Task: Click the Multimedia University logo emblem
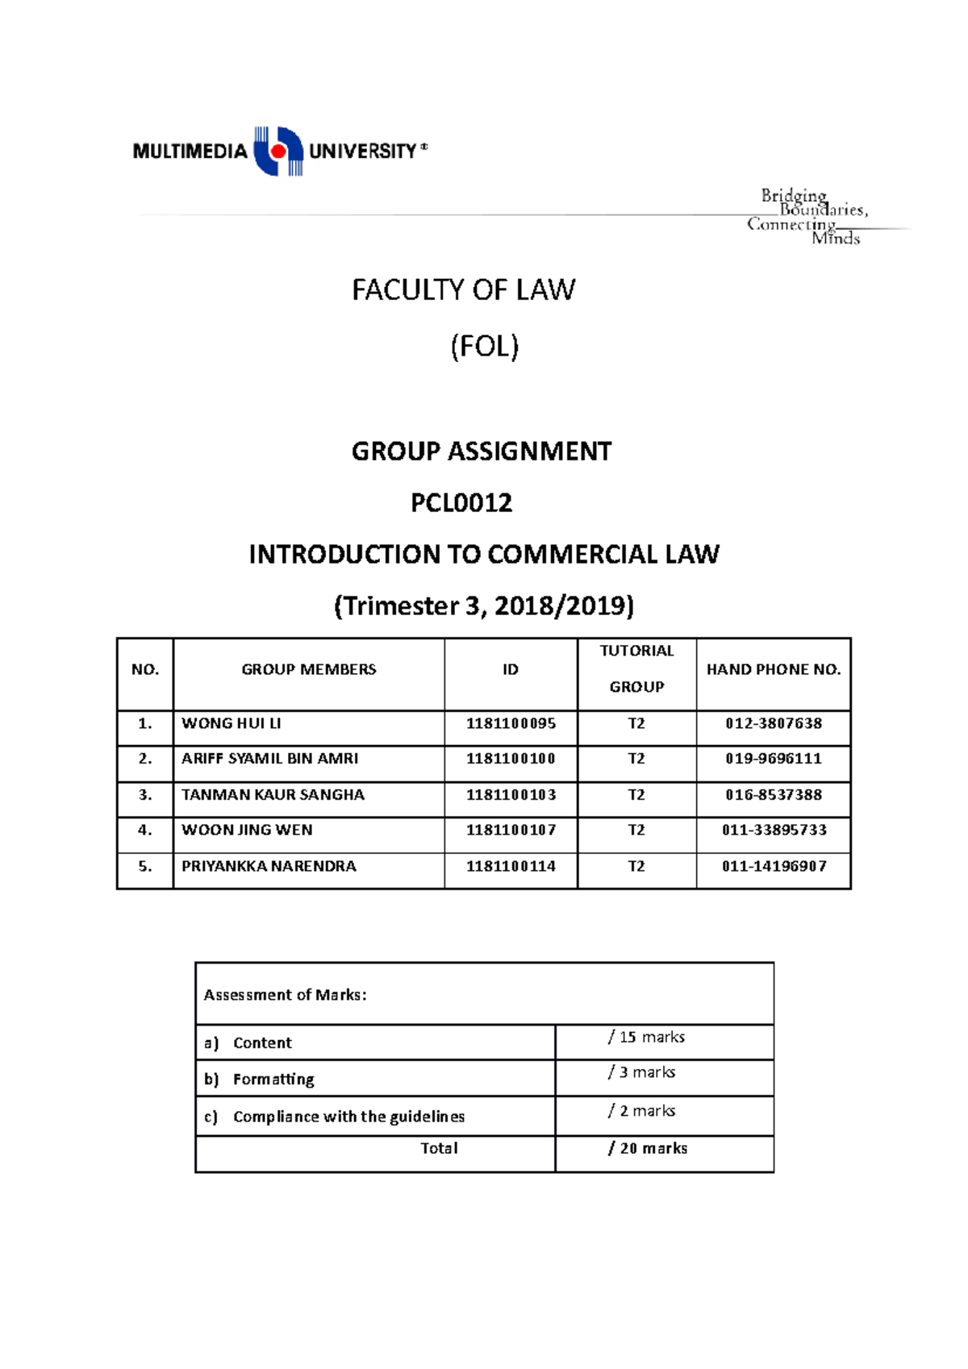point(278,151)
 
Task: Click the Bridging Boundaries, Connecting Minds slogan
point(807,217)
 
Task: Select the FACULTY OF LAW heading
point(463,289)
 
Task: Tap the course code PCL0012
point(461,503)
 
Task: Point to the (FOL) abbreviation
point(484,347)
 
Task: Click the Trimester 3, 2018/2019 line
point(484,605)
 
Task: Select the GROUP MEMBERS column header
point(308,669)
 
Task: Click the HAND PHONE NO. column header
point(773,669)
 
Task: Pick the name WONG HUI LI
point(232,723)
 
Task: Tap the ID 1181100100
point(511,759)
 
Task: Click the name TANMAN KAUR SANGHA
point(273,795)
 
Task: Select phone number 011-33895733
point(774,830)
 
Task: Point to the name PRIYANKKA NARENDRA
point(269,866)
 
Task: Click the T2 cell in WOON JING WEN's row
point(636,830)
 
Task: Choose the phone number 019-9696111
point(773,759)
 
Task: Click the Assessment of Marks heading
point(285,995)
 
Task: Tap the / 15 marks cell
point(646,1037)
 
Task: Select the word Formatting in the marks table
point(273,1079)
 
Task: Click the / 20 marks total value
point(648,1148)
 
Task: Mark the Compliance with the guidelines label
point(348,1117)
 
